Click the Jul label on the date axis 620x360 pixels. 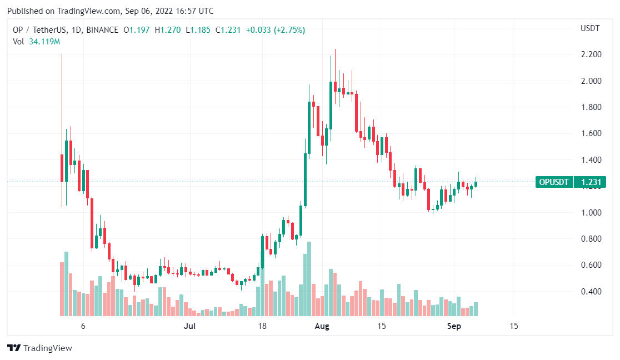point(190,326)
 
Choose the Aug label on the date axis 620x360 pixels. point(322,326)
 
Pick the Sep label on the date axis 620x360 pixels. point(454,326)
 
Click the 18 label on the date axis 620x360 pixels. point(263,326)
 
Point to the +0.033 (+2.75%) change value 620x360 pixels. point(274,30)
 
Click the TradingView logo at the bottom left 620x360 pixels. point(40,348)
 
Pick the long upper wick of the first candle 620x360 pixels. point(62,100)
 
